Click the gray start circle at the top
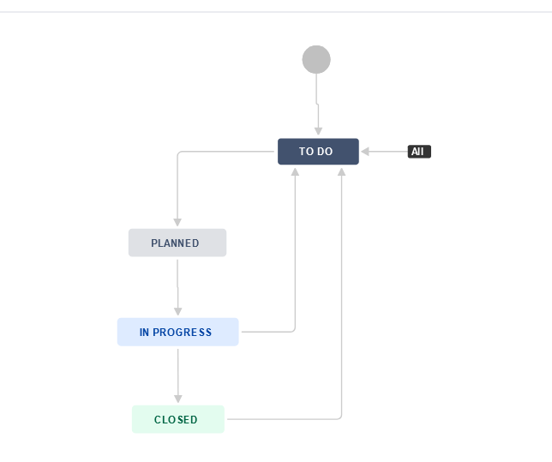(316, 59)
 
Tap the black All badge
(419, 152)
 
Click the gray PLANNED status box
(177, 243)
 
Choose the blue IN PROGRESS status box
(177, 332)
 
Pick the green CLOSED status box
(177, 419)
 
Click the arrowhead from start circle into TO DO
(318, 131)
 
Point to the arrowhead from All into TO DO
(366, 152)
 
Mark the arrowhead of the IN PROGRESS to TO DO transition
(295, 171)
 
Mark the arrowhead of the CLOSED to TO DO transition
(342, 171)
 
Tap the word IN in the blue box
(145, 332)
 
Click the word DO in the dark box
(326, 152)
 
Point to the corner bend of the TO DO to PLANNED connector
(178, 153)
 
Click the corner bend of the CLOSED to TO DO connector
(341, 418)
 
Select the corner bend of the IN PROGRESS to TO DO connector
(294, 331)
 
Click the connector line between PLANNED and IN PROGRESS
(178, 283)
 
